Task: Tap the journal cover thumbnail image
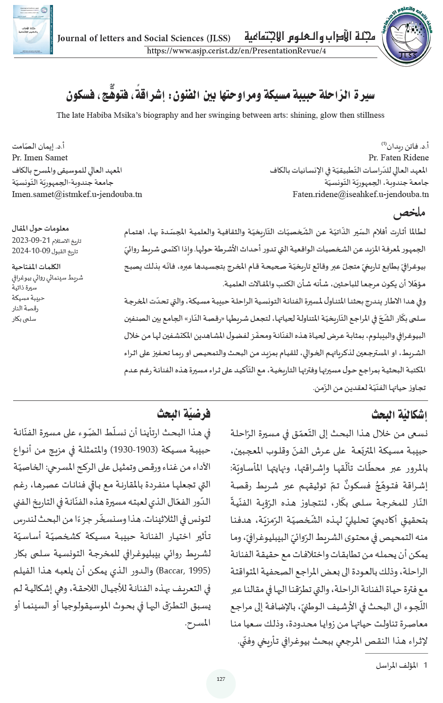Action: pos(33,30)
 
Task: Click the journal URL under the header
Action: pos(236,51)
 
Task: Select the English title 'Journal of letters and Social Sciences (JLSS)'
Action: pos(144,39)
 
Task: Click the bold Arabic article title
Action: pos(220,95)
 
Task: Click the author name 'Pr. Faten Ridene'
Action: pos(398,158)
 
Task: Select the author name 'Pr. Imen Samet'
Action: pos(40,158)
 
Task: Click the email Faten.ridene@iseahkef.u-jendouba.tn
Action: pos(361,194)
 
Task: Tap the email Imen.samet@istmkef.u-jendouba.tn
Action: pos(77,194)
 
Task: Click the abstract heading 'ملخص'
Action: pos(409,213)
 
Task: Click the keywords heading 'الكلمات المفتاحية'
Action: pos(36,267)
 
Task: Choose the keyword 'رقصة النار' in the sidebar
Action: pos(25,308)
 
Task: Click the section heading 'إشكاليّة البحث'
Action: pos(399,414)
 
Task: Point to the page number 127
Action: pos(221,679)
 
